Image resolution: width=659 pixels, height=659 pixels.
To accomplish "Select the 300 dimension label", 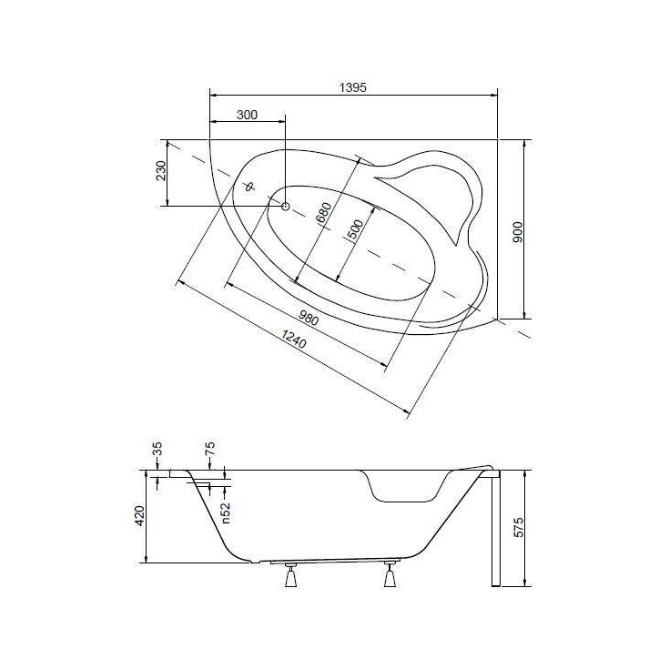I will click(x=247, y=115).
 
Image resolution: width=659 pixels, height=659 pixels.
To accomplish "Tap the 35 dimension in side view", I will click(x=157, y=449).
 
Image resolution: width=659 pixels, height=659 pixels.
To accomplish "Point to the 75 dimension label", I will click(x=210, y=449).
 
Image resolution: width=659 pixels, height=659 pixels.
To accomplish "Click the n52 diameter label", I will click(x=225, y=512).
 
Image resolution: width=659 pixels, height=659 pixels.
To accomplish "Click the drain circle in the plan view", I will click(x=285, y=207).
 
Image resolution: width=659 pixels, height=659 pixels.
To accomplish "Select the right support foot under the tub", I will click(x=391, y=576).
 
